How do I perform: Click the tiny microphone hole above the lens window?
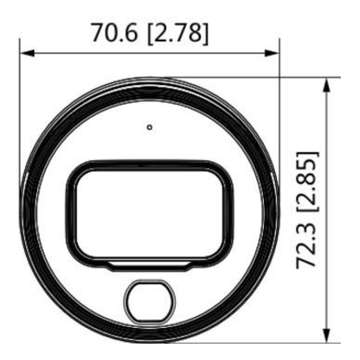(x=150, y=127)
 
